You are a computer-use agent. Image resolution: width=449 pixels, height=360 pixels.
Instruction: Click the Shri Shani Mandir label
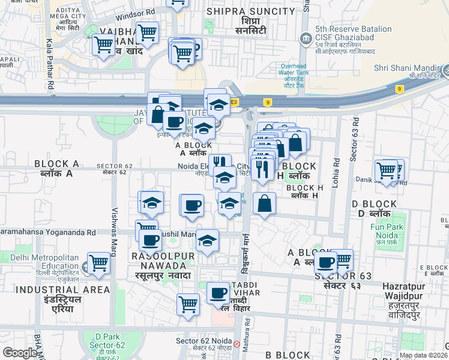point(405,68)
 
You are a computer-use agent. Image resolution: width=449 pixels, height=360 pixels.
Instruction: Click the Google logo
point(20,353)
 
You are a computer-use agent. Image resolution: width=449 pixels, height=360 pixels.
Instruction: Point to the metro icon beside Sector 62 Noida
point(237,344)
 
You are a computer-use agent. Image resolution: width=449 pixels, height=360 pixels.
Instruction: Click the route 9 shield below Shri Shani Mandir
point(399,89)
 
